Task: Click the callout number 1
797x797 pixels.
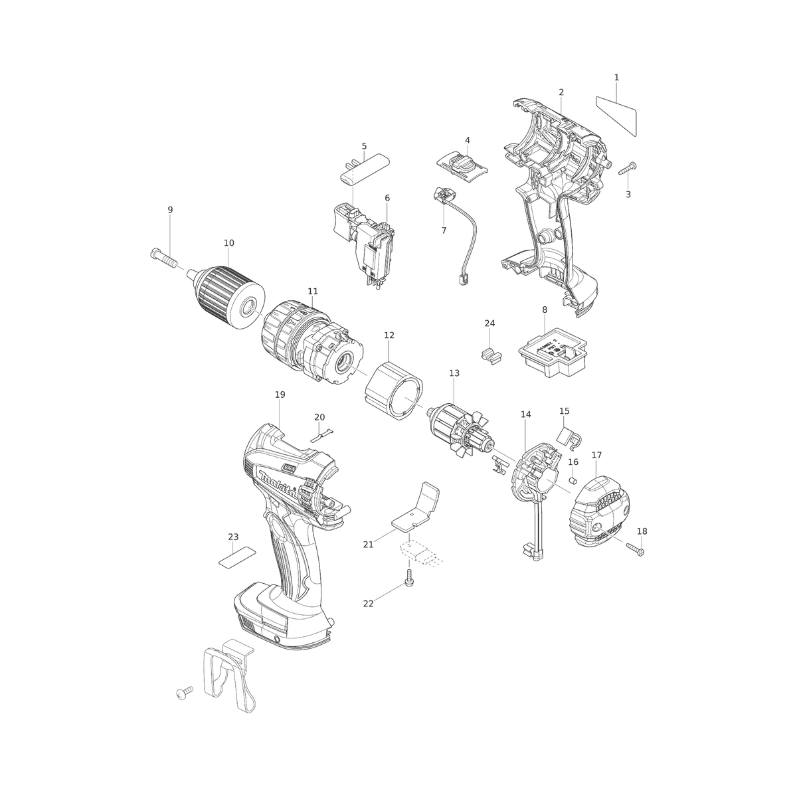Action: [616, 77]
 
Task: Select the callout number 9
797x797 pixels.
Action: [171, 210]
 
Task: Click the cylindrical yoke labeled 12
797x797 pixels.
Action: [393, 390]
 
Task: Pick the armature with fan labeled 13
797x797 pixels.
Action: [459, 429]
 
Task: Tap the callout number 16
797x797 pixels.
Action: [573, 462]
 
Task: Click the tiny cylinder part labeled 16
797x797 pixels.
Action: [573, 481]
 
